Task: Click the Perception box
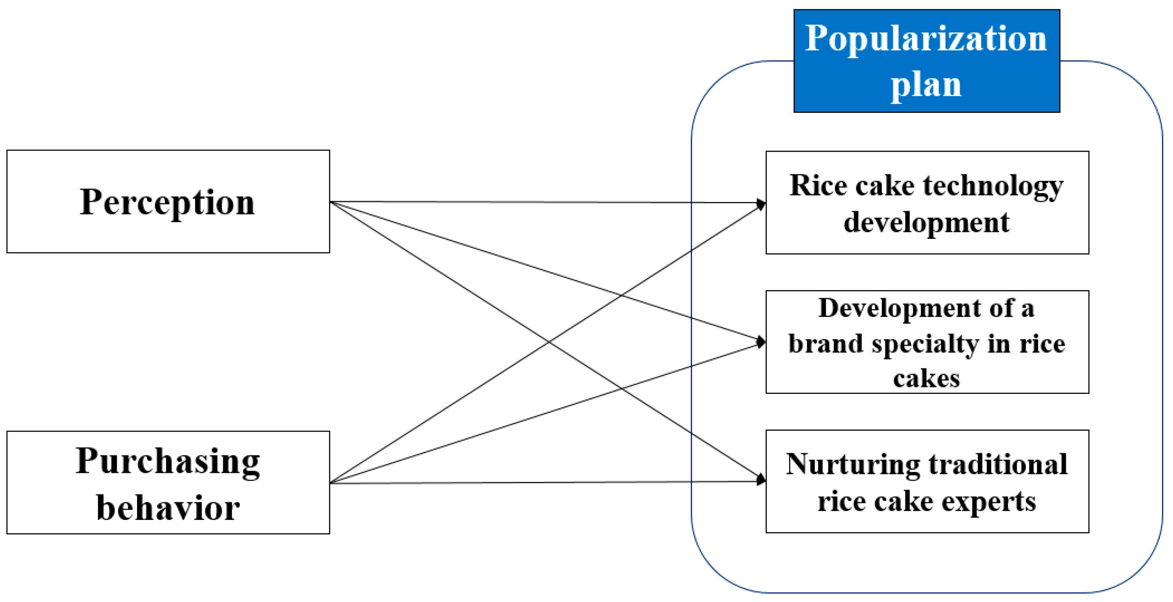(168, 201)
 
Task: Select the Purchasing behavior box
(168, 482)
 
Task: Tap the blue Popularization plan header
(927, 61)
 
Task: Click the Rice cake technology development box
(927, 202)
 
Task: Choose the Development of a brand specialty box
(927, 342)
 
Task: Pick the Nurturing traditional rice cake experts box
(927, 481)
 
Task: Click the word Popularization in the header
(926, 38)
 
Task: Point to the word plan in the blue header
(926, 85)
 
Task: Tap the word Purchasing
(168, 461)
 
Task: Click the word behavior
(168, 507)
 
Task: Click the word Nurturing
(853, 465)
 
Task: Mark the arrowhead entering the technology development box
(762, 204)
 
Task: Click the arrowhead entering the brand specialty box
(762, 342)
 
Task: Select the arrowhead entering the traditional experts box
(762, 480)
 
